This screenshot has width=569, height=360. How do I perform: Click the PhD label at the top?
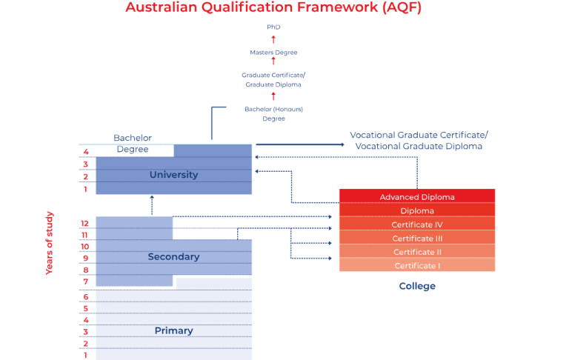(x=273, y=27)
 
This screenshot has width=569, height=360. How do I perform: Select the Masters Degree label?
(x=273, y=53)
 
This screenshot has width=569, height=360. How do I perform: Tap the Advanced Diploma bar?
(x=417, y=197)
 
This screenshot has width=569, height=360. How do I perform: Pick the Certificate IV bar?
(x=417, y=224)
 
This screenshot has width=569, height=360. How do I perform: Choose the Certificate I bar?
(x=417, y=266)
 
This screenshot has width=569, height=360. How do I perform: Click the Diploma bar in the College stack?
(x=417, y=211)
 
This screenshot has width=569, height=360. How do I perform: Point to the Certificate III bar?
(x=417, y=239)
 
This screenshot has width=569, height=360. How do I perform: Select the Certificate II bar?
(x=417, y=252)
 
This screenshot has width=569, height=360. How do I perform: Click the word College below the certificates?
(x=417, y=286)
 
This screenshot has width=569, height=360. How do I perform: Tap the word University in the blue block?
(x=173, y=175)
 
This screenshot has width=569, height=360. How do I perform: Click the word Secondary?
(x=173, y=257)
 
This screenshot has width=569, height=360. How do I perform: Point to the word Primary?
(x=173, y=330)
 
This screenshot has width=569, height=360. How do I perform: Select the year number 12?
(x=85, y=223)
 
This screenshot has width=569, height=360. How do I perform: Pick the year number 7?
(x=85, y=281)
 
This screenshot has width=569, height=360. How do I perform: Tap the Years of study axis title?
(x=50, y=243)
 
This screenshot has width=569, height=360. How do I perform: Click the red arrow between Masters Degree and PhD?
(x=273, y=39)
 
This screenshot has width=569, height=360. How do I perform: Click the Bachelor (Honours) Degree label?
(x=273, y=114)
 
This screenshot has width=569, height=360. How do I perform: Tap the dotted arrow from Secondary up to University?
(x=152, y=205)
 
